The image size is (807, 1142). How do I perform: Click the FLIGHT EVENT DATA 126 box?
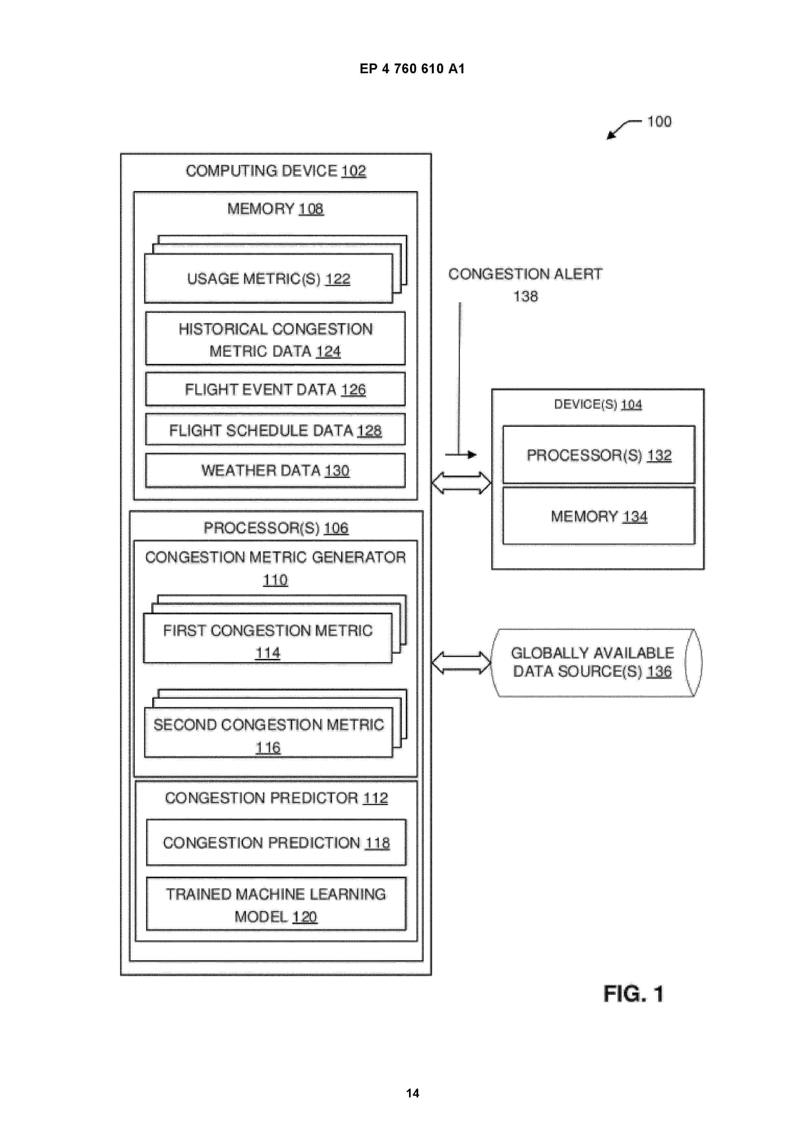(275, 389)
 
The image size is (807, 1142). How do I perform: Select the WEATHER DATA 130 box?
(275, 470)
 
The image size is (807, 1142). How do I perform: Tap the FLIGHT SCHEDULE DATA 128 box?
(275, 430)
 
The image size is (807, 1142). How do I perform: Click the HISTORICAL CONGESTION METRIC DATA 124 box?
(275, 338)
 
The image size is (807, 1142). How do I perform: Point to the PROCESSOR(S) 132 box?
(599, 454)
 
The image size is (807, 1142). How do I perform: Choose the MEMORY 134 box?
(599, 516)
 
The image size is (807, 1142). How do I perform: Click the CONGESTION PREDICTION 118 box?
(276, 843)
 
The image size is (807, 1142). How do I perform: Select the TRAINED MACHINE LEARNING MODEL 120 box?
(276, 904)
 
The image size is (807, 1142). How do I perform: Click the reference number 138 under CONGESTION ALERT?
(525, 297)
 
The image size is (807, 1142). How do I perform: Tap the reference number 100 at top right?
(659, 121)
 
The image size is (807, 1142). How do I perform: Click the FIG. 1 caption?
(634, 994)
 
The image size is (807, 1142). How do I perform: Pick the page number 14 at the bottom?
(413, 1093)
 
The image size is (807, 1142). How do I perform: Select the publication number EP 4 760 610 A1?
(412, 69)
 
